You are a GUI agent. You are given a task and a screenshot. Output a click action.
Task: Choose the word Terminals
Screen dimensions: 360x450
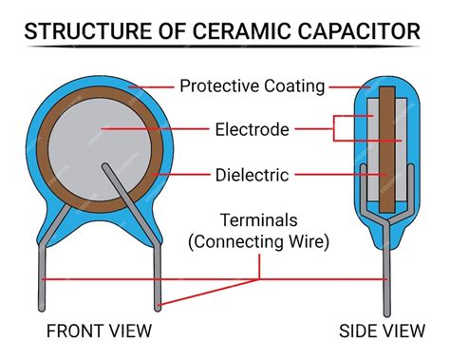[259, 219]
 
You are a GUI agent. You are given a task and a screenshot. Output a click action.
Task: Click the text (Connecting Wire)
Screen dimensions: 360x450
[259, 241]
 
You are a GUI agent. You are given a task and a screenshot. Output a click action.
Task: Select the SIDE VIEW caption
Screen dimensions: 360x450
[384, 332]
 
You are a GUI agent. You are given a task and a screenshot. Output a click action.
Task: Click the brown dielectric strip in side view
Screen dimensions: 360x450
[385, 142]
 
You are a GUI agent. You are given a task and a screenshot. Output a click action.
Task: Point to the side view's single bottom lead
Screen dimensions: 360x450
[385, 285]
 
